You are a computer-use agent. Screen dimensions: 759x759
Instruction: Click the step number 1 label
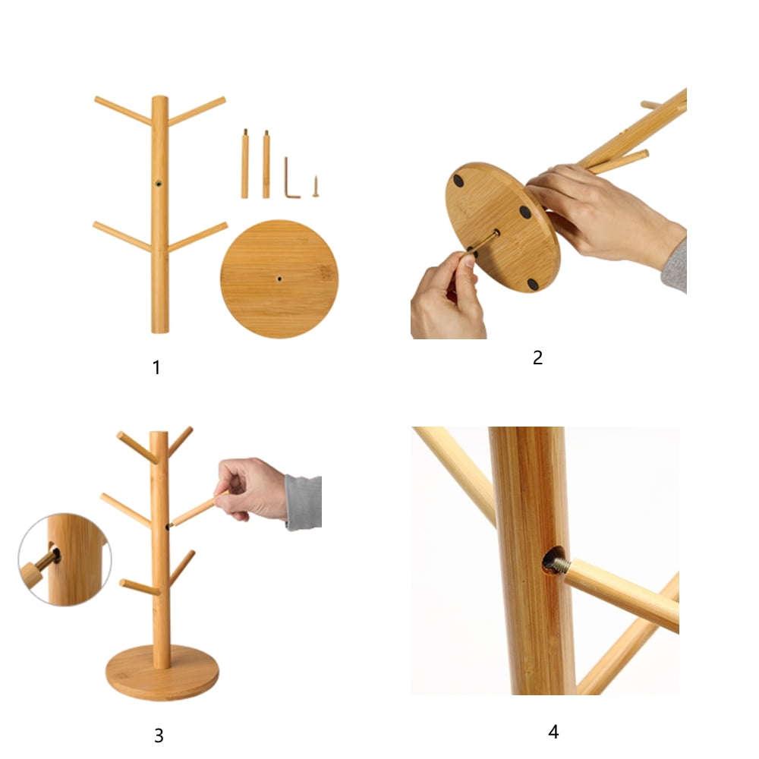point(156,367)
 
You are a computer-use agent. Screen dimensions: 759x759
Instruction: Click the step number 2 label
point(537,357)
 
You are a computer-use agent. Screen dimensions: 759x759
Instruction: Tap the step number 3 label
point(159,735)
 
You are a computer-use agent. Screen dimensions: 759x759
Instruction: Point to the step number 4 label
point(553,731)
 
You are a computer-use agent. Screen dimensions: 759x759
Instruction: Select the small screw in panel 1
point(315,187)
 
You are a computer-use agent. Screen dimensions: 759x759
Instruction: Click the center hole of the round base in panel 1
point(279,279)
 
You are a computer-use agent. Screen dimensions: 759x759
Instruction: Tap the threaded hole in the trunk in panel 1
point(159,184)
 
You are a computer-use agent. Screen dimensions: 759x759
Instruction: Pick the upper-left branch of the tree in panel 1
point(124,111)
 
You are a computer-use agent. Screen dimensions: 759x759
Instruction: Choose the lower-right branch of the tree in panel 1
point(197,237)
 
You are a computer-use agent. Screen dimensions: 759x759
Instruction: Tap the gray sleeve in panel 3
point(304,502)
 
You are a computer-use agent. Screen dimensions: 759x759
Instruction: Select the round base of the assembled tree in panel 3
point(162,672)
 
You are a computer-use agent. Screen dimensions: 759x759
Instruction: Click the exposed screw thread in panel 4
point(559,564)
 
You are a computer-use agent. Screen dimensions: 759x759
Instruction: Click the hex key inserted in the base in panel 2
point(482,241)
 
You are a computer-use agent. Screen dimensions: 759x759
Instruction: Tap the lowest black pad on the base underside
point(533,284)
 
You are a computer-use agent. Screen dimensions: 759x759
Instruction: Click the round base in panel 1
point(279,279)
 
